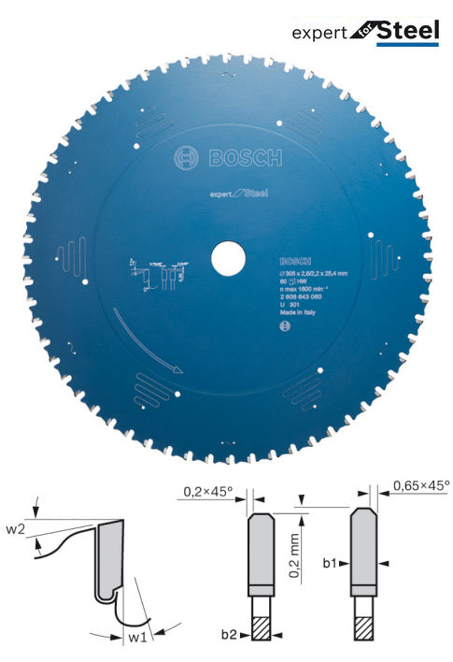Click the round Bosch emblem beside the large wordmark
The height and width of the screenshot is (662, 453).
tap(185, 157)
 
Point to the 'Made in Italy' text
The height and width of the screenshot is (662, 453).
tap(298, 318)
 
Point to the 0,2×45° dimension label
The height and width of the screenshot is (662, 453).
tap(205, 488)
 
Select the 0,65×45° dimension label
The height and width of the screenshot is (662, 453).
tap(420, 485)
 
